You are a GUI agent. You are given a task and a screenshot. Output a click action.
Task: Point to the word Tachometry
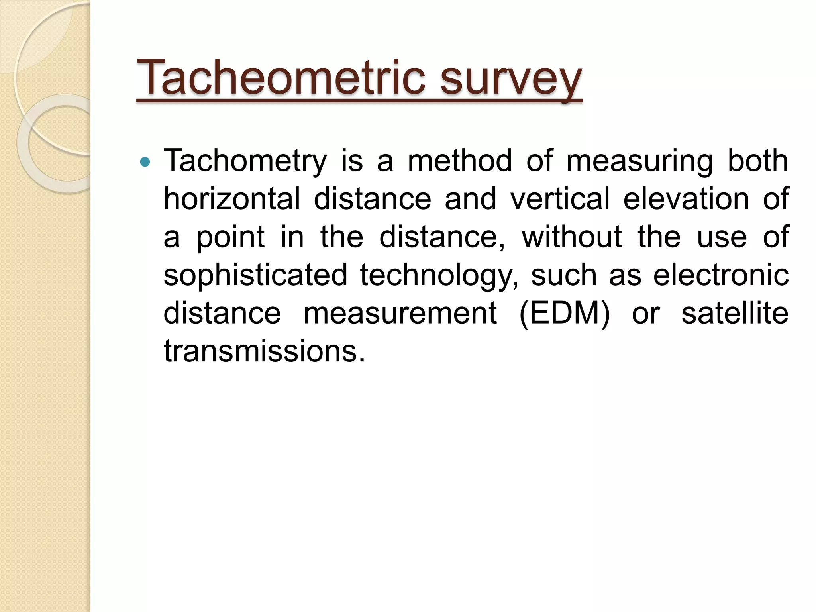[x=245, y=161]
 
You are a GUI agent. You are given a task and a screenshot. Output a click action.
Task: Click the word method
[x=459, y=161]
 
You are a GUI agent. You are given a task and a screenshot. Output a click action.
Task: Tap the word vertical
[x=560, y=199]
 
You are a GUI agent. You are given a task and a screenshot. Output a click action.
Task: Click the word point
[x=231, y=237]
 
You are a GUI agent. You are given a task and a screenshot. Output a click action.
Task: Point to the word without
[x=572, y=237]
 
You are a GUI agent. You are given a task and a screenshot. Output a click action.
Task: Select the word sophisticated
[x=255, y=275]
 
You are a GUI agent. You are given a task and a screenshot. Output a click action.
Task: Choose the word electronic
[x=721, y=275]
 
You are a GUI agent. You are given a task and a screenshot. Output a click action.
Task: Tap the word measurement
[x=400, y=313]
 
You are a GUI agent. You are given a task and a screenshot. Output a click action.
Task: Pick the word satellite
[x=735, y=313]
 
